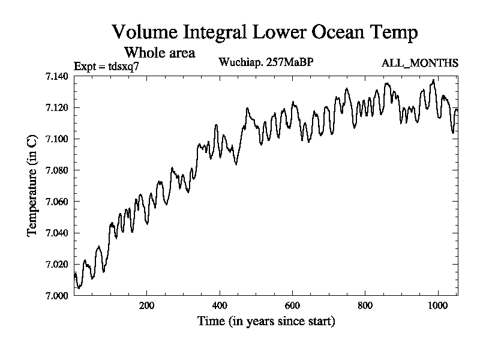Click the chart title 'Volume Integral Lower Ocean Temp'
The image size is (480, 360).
[x=265, y=32]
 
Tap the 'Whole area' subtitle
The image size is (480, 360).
[x=159, y=53]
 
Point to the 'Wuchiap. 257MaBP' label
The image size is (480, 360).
[x=266, y=62]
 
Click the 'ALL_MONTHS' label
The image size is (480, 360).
[x=420, y=63]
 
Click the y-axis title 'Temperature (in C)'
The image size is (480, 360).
[x=32, y=186]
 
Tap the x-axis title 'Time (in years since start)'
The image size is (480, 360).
[x=266, y=322]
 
